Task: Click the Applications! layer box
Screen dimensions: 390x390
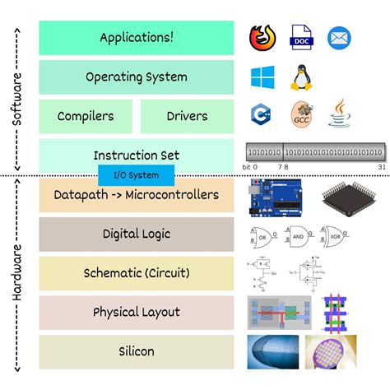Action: [x=136, y=38]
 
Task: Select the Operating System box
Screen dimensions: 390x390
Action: [x=136, y=77]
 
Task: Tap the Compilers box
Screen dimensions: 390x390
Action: [x=86, y=116]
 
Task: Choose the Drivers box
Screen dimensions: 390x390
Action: [x=187, y=116]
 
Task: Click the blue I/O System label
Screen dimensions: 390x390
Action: [x=136, y=175]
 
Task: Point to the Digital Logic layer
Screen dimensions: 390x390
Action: [x=136, y=234]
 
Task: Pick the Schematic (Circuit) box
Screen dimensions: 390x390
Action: [x=136, y=273]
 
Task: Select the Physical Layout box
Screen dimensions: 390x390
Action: [x=136, y=313]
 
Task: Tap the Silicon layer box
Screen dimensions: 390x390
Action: [x=136, y=351]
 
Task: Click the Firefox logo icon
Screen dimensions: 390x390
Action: [x=262, y=38]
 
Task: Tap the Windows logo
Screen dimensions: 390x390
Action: [x=262, y=77]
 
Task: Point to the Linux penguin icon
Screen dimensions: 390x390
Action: [x=300, y=77]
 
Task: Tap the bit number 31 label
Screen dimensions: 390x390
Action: [x=381, y=167]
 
